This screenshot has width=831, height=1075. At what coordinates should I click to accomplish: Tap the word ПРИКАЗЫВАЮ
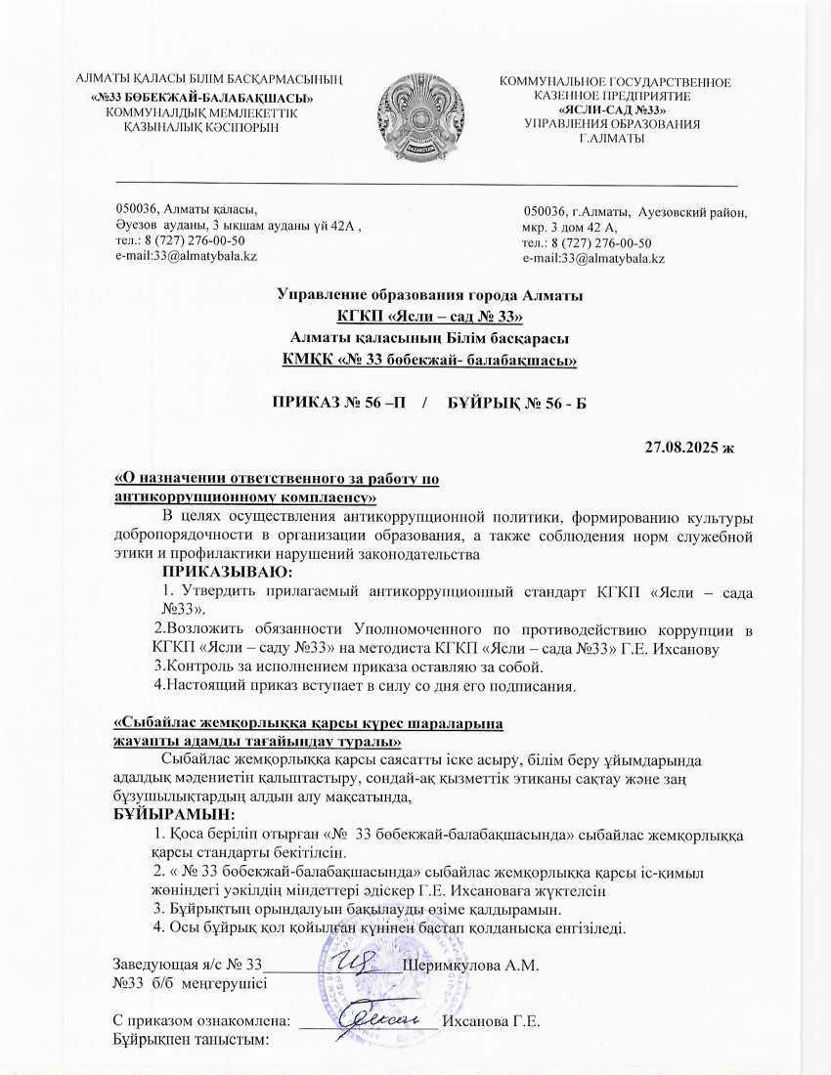point(227,572)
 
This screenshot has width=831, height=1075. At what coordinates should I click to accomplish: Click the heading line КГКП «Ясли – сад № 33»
point(429,316)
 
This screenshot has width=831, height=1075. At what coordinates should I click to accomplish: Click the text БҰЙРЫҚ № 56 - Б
point(508,403)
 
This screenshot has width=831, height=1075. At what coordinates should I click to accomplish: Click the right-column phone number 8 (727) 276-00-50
point(588,243)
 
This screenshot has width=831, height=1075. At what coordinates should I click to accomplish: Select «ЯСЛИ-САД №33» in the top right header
point(613,110)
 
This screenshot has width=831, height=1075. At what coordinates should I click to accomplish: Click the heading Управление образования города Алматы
point(429,295)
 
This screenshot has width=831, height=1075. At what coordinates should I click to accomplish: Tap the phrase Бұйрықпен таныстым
point(191,1040)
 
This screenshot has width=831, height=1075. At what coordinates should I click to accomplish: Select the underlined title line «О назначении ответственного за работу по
point(278,479)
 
